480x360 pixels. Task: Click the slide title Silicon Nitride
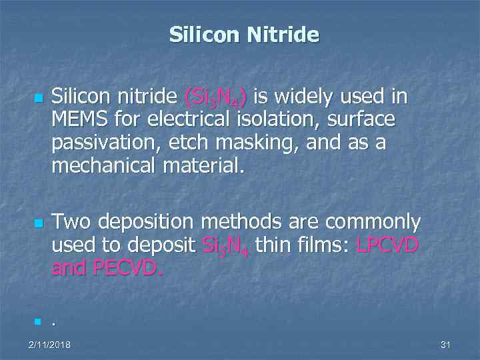pos(244,35)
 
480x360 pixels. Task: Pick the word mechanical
pos(99,165)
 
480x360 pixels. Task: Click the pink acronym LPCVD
pos(387,245)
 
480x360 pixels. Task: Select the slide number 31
pos(446,345)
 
